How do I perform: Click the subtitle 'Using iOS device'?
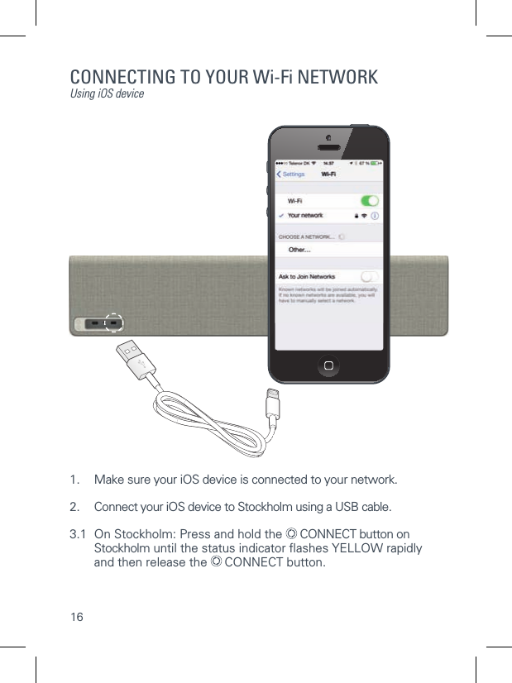click(107, 94)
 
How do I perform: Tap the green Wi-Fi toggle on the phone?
click(370, 201)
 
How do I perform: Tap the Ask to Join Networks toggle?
click(370, 276)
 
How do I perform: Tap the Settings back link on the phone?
click(290, 174)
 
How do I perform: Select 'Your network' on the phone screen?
click(305, 216)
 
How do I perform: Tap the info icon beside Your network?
click(375, 216)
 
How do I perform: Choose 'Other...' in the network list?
click(299, 249)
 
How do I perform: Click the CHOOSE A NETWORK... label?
click(306, 236)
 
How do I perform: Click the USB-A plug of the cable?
click(132, 360)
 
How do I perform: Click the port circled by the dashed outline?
click(114, 324)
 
